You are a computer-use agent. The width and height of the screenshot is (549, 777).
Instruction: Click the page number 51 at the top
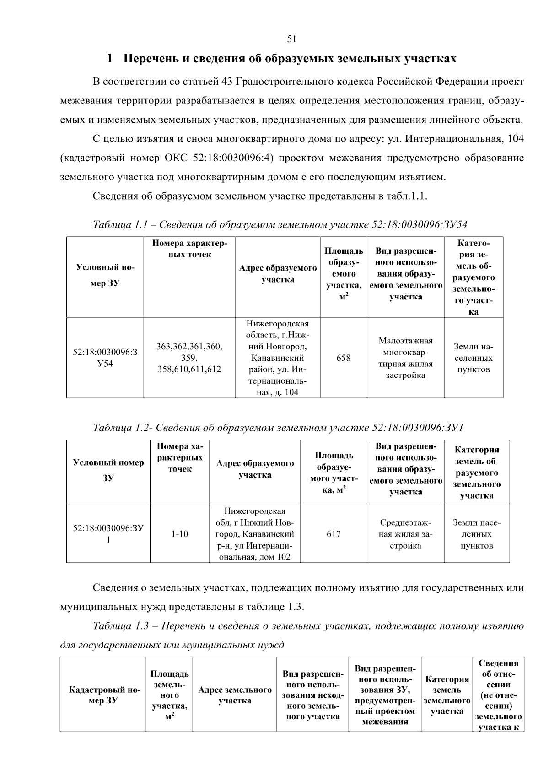tap(292, 39)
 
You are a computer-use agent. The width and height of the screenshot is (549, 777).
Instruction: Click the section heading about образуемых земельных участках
tap(281, 59)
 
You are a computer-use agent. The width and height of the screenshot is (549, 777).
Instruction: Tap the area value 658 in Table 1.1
tap(343, 358)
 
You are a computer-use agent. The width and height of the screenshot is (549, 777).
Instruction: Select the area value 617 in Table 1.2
tap(334, 534)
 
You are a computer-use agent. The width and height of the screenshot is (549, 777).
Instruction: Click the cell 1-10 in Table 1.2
tap(179, 534)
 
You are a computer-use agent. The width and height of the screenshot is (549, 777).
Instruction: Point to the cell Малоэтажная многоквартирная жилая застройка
tap(405, 358)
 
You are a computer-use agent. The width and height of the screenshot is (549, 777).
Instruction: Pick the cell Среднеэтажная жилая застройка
tap(405, 534)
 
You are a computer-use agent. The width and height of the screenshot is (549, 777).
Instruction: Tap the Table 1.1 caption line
tap(280, 224)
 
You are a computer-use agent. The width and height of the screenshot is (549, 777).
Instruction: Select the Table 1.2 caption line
tap(278, 428)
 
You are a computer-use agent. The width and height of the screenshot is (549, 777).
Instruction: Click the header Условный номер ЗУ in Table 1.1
tap(105, 275)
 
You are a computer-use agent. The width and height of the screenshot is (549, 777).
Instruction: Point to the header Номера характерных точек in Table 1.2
tap(179, 457)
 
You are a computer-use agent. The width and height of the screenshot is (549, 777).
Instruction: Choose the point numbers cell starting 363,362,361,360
tap(189, 358)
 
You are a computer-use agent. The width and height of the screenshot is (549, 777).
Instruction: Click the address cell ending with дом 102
tap(254, 534)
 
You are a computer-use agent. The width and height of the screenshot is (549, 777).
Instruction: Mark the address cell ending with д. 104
tap(277, 358)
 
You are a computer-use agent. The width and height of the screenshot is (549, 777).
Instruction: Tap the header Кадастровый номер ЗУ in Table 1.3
tap(104, 695)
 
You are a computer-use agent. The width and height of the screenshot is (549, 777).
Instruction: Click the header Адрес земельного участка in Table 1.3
tap(235, 695)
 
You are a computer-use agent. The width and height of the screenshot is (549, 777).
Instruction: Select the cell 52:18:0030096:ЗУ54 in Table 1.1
tap(105, 358)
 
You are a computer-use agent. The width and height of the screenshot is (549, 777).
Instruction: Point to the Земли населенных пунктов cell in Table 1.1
tap(473, 358)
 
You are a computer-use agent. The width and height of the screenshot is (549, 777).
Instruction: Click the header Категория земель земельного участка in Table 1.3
tap(447, 695)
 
